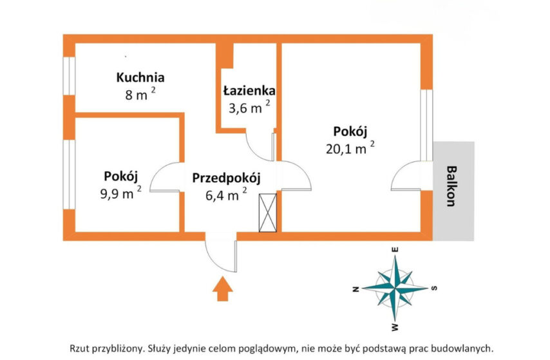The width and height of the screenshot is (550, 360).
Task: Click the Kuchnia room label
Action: pos(140,77)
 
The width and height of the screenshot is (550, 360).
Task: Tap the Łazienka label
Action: pos(249,91)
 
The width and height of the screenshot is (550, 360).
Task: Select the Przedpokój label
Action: pos(226,178)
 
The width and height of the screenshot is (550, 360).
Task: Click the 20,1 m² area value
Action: pos(350,148)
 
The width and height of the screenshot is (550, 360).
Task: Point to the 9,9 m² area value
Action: pos(120,193)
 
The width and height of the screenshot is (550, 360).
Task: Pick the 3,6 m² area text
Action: pos(249,108)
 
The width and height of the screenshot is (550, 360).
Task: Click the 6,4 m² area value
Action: pos(226,194)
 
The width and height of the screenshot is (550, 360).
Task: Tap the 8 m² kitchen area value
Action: pos(140,94)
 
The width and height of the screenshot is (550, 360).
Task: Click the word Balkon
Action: pos(452,186)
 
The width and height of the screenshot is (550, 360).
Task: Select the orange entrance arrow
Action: pos(222,289)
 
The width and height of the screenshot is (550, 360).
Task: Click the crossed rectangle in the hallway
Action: pos(268,213)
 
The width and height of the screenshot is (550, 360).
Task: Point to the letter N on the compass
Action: pos(356,289)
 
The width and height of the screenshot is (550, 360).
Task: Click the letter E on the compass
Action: pos(395,250)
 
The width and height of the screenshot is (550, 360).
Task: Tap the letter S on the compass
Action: pos(434,289)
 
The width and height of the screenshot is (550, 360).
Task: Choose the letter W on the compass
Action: pos(395,327)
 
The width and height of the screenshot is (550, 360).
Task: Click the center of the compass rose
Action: pos(395,289)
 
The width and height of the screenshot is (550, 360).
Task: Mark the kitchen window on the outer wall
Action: pos(69,76)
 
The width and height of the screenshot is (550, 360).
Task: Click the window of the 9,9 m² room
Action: pos(69,175)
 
